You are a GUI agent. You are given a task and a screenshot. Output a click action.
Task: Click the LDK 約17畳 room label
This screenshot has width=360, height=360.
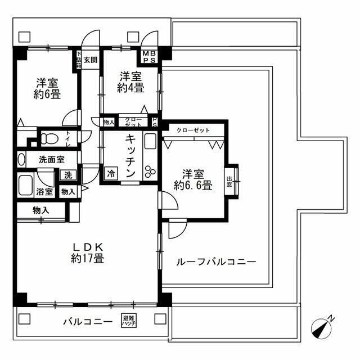point(87,253)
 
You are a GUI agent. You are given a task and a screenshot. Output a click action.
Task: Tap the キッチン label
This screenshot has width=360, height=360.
point(129,156)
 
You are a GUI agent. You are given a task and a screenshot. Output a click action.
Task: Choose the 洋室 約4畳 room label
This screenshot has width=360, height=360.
point(130,83)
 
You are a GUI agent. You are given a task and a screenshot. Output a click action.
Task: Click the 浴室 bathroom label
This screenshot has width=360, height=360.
point(46,192)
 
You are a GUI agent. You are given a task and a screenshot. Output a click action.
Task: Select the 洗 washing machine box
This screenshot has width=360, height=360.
point(68,175)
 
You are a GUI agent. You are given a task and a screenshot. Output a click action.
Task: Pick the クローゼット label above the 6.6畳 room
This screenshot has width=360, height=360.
point(193,130)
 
